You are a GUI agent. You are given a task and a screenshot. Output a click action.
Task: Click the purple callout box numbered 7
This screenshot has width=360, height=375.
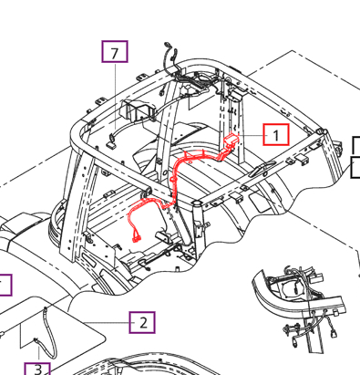[x=114, y=53]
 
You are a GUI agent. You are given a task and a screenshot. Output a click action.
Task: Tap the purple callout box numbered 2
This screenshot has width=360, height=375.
[x=142, y=322]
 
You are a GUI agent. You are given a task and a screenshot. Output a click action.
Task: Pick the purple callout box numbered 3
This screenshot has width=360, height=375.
[x=37, y=369]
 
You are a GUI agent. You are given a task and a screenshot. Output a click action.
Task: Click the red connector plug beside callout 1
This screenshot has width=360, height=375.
[x=231, y=141]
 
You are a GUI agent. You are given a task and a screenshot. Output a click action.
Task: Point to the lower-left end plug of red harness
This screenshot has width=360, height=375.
[x=136, y=238]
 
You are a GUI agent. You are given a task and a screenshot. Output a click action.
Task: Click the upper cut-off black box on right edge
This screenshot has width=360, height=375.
[x=356, y=145]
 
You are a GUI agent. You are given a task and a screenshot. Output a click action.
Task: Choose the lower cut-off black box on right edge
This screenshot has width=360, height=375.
[x=356, y=167]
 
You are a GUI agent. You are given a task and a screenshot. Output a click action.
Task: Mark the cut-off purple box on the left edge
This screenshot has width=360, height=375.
[x=5, y=286]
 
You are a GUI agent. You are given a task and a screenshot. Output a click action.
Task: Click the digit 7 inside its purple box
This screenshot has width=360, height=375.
[x=114, y=53]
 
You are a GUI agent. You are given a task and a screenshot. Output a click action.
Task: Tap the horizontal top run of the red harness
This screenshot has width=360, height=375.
[x=201, y=156]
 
